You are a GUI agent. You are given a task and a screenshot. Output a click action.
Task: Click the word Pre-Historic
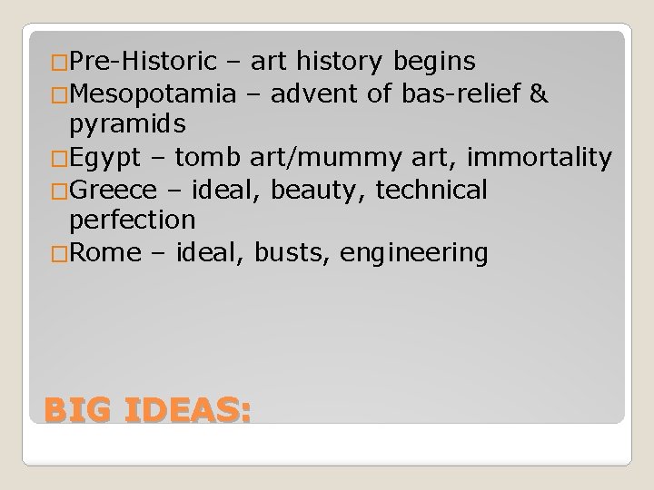click(143, 62)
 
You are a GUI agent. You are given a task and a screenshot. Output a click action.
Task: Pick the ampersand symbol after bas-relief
click(537, 93)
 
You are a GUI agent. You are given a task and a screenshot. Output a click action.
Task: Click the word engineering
click(413, 252)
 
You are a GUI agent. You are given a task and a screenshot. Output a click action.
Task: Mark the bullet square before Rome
click(60, 253)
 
